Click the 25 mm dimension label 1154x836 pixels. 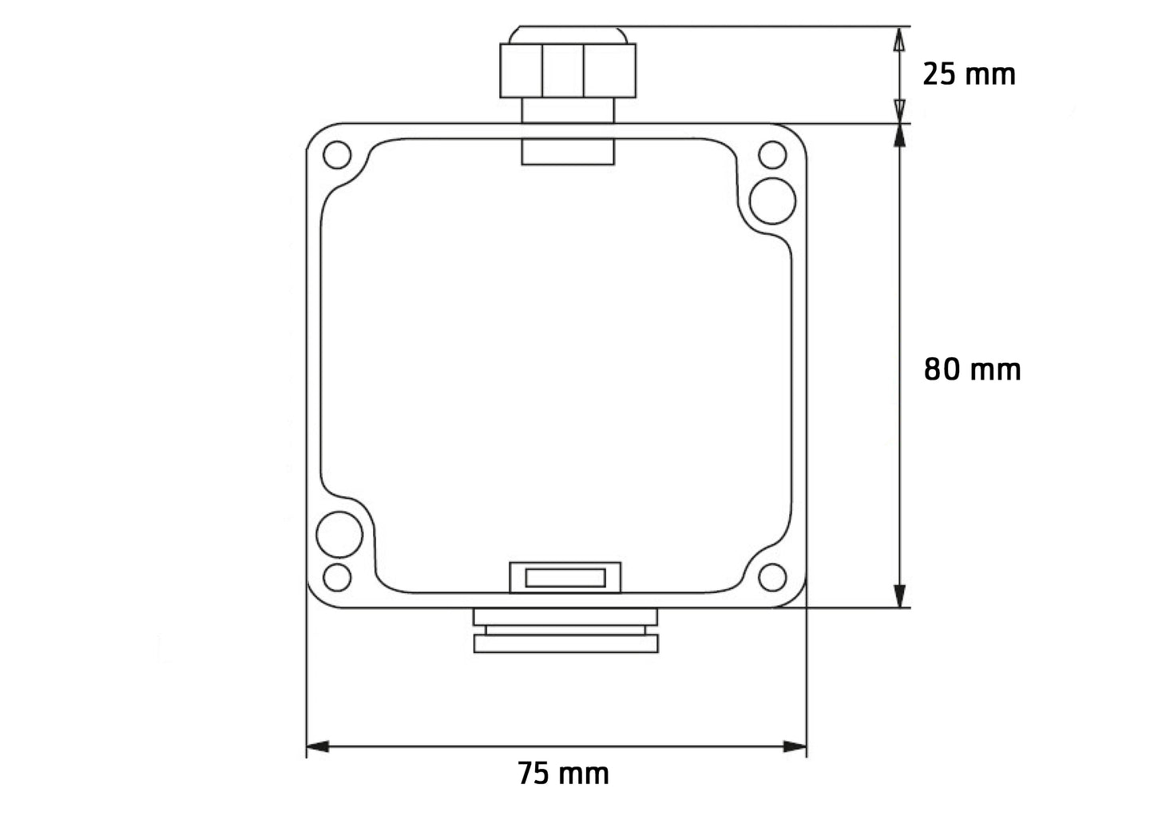coord(969,74)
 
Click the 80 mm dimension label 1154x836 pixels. coord(972,370)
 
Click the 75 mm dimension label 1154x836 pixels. coord(563,774)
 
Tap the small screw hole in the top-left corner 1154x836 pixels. coord(337,154)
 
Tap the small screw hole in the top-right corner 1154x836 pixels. coord(772,154)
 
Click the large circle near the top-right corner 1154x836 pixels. coord(773,200)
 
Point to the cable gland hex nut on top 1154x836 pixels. coord(568,70)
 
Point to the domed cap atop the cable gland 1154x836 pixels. coord(568,34)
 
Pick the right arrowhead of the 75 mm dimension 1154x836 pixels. coord(795,746)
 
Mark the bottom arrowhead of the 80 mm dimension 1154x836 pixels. coord(900,595)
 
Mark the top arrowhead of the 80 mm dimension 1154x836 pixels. coord(900,135)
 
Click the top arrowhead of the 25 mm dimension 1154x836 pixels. coord(900,38)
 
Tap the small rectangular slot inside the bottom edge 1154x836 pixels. coord(565,577)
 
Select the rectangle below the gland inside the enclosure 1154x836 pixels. coord(568,152)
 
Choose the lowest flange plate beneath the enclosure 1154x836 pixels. coord(566,644)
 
